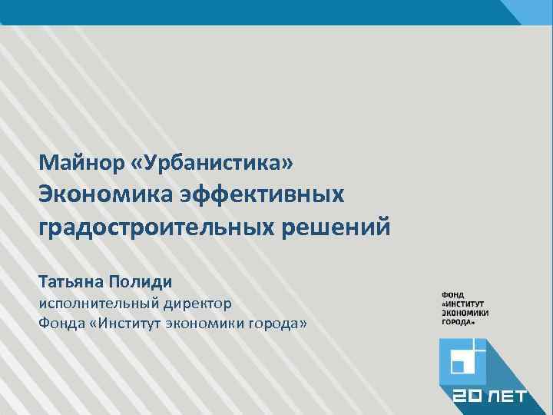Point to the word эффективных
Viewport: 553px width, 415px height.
tap(262, 195)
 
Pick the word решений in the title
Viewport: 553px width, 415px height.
tap(343, 228)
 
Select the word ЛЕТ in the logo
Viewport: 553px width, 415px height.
tap(508, 397)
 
